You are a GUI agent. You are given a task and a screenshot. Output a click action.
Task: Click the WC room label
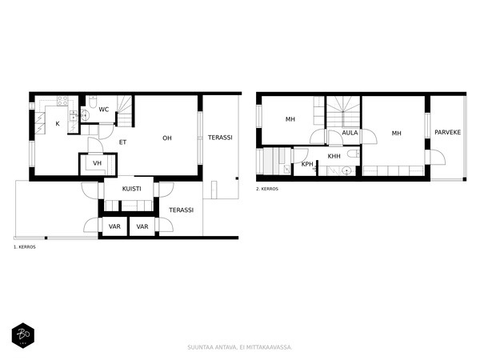click(104, 110)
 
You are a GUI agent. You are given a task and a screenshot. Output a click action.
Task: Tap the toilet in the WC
click(92, 101)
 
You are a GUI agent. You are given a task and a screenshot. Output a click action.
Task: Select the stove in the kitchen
click(62, 101)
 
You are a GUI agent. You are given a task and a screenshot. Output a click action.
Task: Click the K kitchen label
click(58, 124)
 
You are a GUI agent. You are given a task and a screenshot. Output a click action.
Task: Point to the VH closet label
click(97, 163)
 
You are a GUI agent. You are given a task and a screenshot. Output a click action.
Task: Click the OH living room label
click(167, 138)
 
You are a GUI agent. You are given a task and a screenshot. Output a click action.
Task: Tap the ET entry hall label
click(122, 142)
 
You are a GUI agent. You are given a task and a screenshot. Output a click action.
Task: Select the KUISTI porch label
click(132, 189)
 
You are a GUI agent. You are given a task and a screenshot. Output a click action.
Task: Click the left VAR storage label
click(114, 226)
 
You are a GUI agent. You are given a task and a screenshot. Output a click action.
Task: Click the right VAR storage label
click(142, 226)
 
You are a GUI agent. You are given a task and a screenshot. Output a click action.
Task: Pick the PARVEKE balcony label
click(447, 132)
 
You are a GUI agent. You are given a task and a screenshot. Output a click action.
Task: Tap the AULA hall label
click(350, 133)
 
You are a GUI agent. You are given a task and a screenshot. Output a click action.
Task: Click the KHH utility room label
click(334, 156)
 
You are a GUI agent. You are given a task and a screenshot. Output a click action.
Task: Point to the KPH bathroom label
click(307, 164)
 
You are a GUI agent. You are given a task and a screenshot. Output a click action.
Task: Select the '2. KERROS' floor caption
click(267, 189)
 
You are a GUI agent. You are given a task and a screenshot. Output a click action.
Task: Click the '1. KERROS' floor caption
click(25, 247)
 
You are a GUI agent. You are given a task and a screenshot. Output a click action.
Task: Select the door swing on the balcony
click(439, 157)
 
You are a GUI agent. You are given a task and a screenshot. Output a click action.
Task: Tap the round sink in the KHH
click(347, 171)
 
